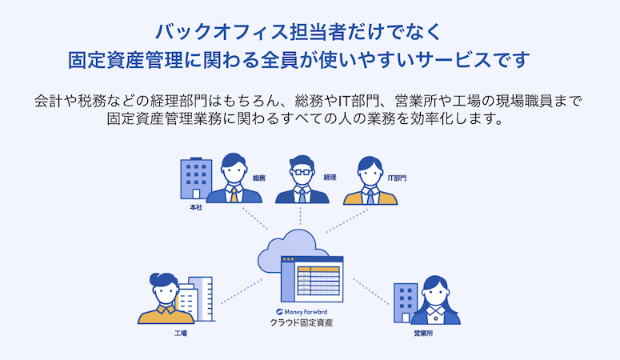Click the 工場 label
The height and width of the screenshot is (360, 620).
181,332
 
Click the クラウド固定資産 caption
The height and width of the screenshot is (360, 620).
301,324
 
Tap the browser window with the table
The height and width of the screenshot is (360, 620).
311,277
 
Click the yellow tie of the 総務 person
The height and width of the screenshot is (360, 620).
233,194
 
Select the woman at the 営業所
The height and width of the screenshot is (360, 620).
436,302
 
